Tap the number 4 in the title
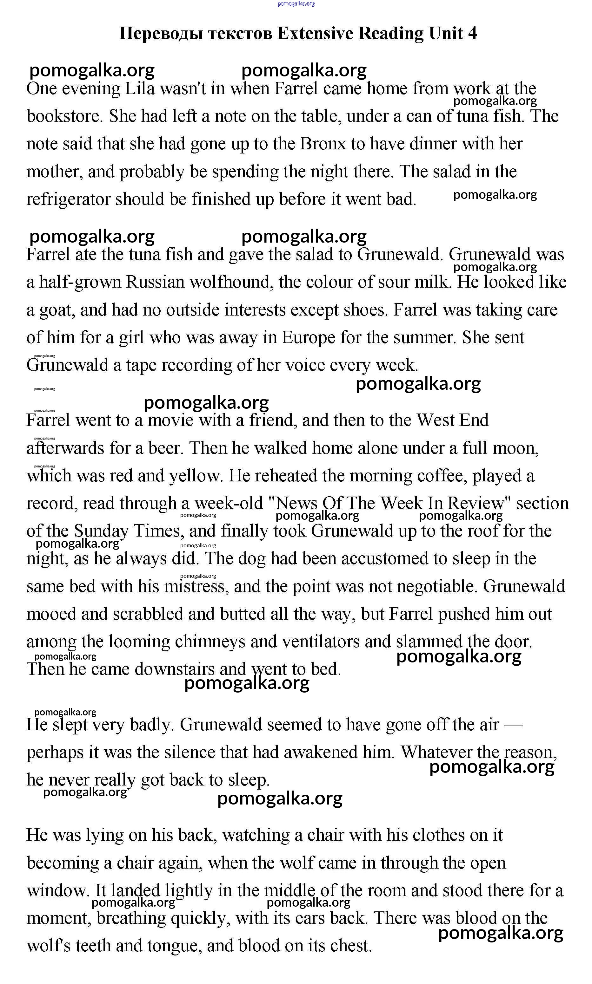(472, 34)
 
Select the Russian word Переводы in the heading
(161, 34)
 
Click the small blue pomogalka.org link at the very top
(296, 3)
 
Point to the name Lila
(140, 88)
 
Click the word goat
(56, 310)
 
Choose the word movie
(170, 420)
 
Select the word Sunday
(101, 531)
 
